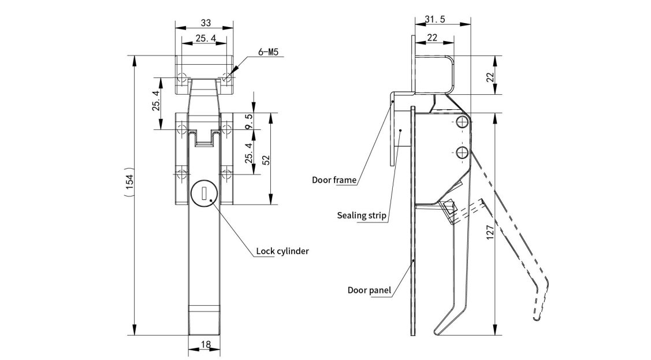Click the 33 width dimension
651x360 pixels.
[205, 23]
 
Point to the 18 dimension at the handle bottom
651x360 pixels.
[205, 344]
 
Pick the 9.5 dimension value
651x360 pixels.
[249, 121]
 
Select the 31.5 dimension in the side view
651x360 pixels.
[434, 19]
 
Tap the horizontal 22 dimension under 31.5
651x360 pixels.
[431, 38]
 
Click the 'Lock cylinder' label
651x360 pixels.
[283, 251]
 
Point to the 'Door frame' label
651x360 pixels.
[334, 180]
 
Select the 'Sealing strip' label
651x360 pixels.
[362, 216]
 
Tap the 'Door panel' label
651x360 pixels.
[369, 290]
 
